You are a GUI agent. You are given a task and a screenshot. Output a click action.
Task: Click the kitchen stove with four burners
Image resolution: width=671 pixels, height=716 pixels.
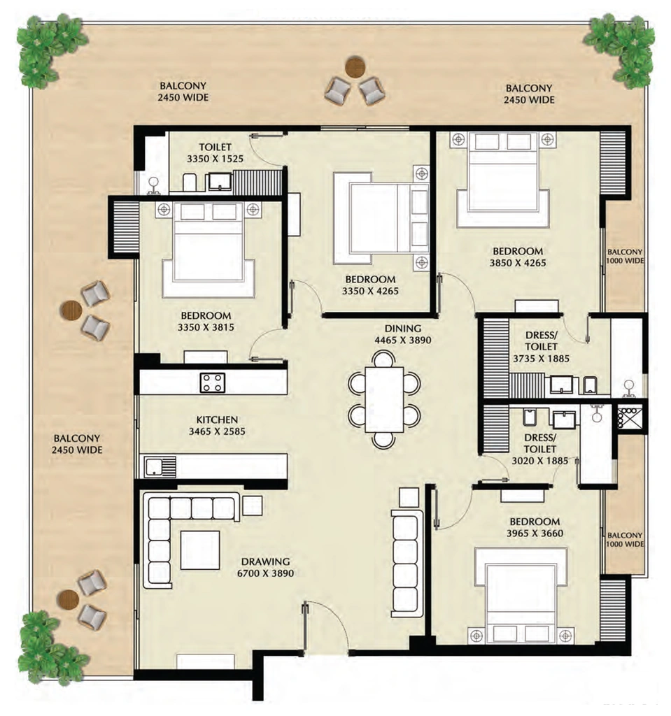[213, 382]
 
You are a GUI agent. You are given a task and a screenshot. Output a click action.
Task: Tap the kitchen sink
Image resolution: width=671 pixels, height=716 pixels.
[160, 466]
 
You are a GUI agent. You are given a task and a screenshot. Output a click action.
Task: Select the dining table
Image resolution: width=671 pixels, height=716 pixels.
[384, 399]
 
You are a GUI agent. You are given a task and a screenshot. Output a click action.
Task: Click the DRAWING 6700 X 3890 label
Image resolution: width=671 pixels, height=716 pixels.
[266, 567]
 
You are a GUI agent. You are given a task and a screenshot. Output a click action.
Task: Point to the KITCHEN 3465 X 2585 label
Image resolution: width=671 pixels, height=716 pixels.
[217, 425]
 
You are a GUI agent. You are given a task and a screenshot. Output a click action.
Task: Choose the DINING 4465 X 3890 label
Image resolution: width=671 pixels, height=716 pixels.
[403, 334]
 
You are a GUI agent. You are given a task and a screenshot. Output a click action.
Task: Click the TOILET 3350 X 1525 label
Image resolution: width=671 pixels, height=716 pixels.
[216, 153]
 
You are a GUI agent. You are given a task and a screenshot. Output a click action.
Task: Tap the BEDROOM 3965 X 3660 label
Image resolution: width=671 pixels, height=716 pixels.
[535, 527]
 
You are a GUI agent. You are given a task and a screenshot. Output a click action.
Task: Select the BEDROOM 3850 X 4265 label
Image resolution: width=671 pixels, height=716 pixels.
[518, 257]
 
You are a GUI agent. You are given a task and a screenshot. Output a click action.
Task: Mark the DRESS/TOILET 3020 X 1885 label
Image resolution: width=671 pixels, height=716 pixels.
[540, 450]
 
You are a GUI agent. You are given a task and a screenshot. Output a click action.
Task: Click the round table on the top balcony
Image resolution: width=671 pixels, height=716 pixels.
[355, 66]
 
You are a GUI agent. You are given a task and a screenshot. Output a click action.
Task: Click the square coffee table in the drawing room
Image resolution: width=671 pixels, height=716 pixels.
[199, 550]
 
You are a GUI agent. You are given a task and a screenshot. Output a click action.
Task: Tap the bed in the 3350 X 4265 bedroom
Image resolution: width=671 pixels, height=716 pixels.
[381, 218]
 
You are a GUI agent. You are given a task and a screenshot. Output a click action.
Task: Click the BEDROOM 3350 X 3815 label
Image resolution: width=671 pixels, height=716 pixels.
[206, 321]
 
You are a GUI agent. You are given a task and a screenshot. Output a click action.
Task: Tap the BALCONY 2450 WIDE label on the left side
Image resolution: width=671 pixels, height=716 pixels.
[77, 444]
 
